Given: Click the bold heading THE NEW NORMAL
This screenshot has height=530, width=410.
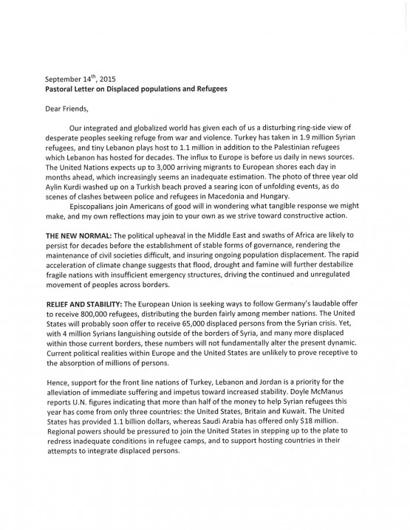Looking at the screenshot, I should click(x=81, y=233).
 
